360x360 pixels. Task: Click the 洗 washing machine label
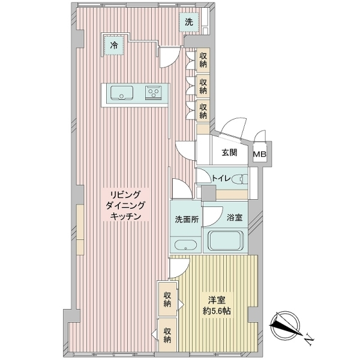tap(189, 23)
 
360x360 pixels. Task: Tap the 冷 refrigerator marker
tap(113, 44)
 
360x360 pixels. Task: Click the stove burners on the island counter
tap(153, 92)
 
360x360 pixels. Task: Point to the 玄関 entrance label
tap(229, 152)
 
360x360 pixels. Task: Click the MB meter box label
tap(260, 154)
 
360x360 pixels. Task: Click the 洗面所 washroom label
tap(185, 219)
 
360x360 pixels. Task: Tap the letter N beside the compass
tap(308, 340)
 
